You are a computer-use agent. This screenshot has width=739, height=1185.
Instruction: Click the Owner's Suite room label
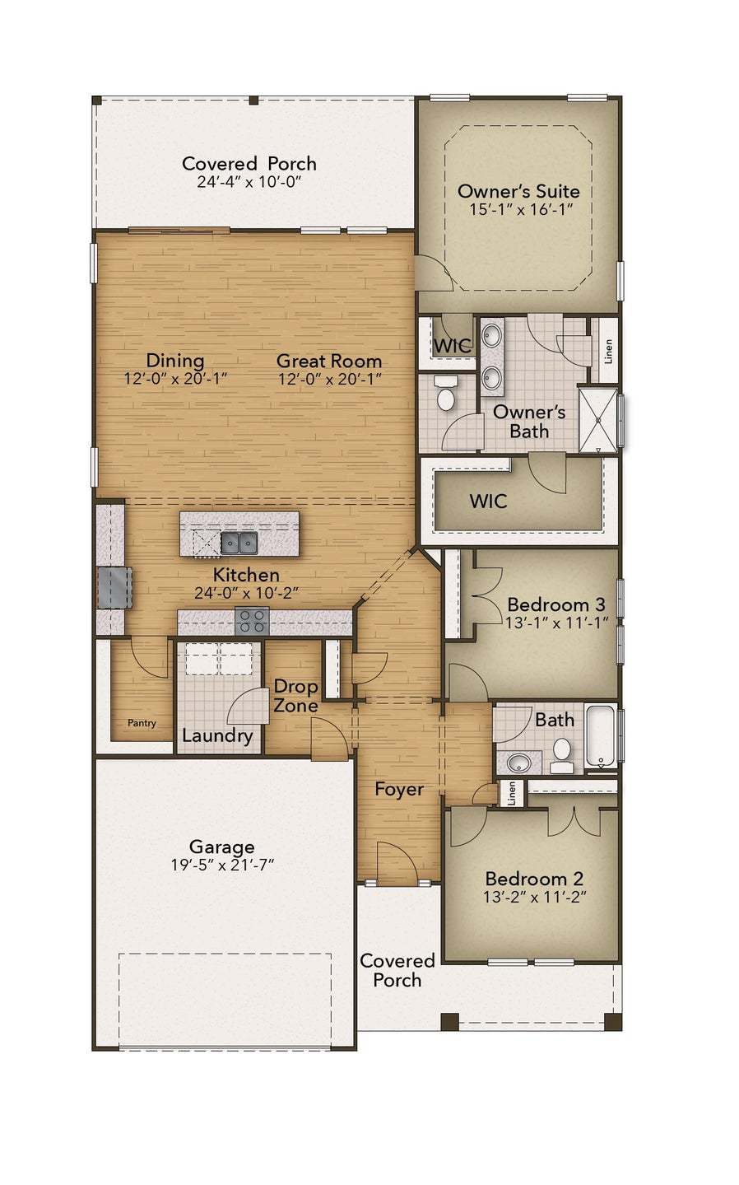point(518,191)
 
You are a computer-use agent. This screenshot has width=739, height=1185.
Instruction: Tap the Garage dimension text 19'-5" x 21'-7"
point(221,865)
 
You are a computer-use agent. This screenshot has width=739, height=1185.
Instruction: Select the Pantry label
point(142,723)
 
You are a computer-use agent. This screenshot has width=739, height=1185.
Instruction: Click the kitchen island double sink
point(239,542)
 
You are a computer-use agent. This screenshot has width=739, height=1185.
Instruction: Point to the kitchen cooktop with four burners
point(252,620)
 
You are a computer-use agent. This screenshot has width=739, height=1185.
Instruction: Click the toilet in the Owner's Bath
point(446,394)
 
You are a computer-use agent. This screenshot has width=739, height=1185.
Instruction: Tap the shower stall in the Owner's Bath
point(598,420)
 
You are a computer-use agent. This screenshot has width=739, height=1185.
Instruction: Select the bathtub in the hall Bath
point(601,735)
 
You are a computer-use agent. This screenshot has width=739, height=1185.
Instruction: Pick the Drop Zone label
point(295,696)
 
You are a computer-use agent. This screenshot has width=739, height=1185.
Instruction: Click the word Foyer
point(399,789)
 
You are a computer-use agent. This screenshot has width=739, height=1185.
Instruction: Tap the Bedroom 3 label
point(555,604)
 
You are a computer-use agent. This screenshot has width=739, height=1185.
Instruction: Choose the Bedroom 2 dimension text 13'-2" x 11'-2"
point(535,898)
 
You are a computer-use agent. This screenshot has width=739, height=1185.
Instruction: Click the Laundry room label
point(217,735)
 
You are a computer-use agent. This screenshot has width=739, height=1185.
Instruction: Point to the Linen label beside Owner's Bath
point(608,352)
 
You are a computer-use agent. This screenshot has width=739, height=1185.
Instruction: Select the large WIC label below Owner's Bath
point(488,501)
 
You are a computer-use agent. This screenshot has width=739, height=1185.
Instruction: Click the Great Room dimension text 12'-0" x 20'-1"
point(329,379)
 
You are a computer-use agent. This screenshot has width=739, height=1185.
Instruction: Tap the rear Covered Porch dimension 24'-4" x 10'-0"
point(249,181)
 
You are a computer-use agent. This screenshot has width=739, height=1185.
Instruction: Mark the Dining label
point(175,360)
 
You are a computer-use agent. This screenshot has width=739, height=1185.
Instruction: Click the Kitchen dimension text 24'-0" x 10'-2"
point(246,592)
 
